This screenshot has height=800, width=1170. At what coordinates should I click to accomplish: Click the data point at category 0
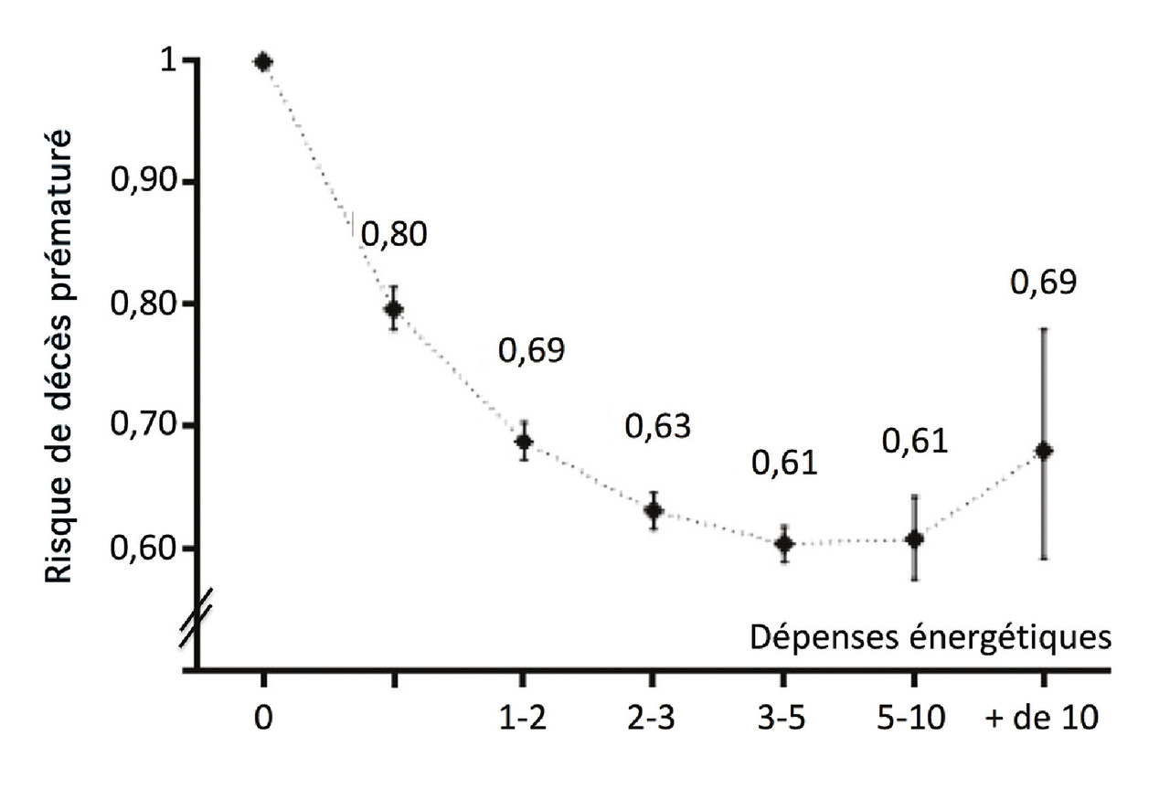263,62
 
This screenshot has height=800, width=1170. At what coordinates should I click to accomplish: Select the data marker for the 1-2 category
524,443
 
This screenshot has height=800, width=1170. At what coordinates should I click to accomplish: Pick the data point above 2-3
653,510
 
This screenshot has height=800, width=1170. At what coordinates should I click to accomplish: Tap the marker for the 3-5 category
783,544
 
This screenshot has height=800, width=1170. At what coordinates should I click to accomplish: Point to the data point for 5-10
913,539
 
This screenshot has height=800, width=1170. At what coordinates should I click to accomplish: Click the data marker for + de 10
1044,451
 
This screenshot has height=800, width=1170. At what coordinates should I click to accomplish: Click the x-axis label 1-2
523,719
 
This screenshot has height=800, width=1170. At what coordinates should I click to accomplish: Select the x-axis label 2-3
653,719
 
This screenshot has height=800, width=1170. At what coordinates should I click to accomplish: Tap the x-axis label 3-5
782,719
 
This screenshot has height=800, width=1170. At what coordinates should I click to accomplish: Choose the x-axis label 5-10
913,719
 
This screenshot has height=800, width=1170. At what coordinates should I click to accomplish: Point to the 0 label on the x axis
263,719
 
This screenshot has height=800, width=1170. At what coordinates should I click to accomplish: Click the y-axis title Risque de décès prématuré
60,355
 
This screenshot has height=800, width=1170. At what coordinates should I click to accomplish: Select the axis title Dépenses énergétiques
931,636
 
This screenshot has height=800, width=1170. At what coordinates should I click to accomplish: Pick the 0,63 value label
657,425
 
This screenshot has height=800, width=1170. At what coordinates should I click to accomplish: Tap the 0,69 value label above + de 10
1044,283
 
